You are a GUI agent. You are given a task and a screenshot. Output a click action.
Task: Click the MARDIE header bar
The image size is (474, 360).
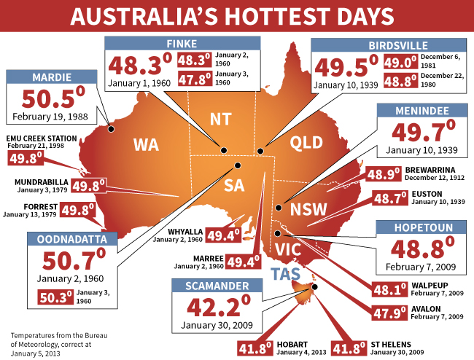[x=51, y=77]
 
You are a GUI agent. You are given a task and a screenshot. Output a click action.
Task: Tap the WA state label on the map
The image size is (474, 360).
[x=146, y=144]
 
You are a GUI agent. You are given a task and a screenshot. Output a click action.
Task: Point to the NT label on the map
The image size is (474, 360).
[x=222, y=119]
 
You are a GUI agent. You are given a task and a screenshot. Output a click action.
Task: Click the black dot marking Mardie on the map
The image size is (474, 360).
[x=111, y=129]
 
